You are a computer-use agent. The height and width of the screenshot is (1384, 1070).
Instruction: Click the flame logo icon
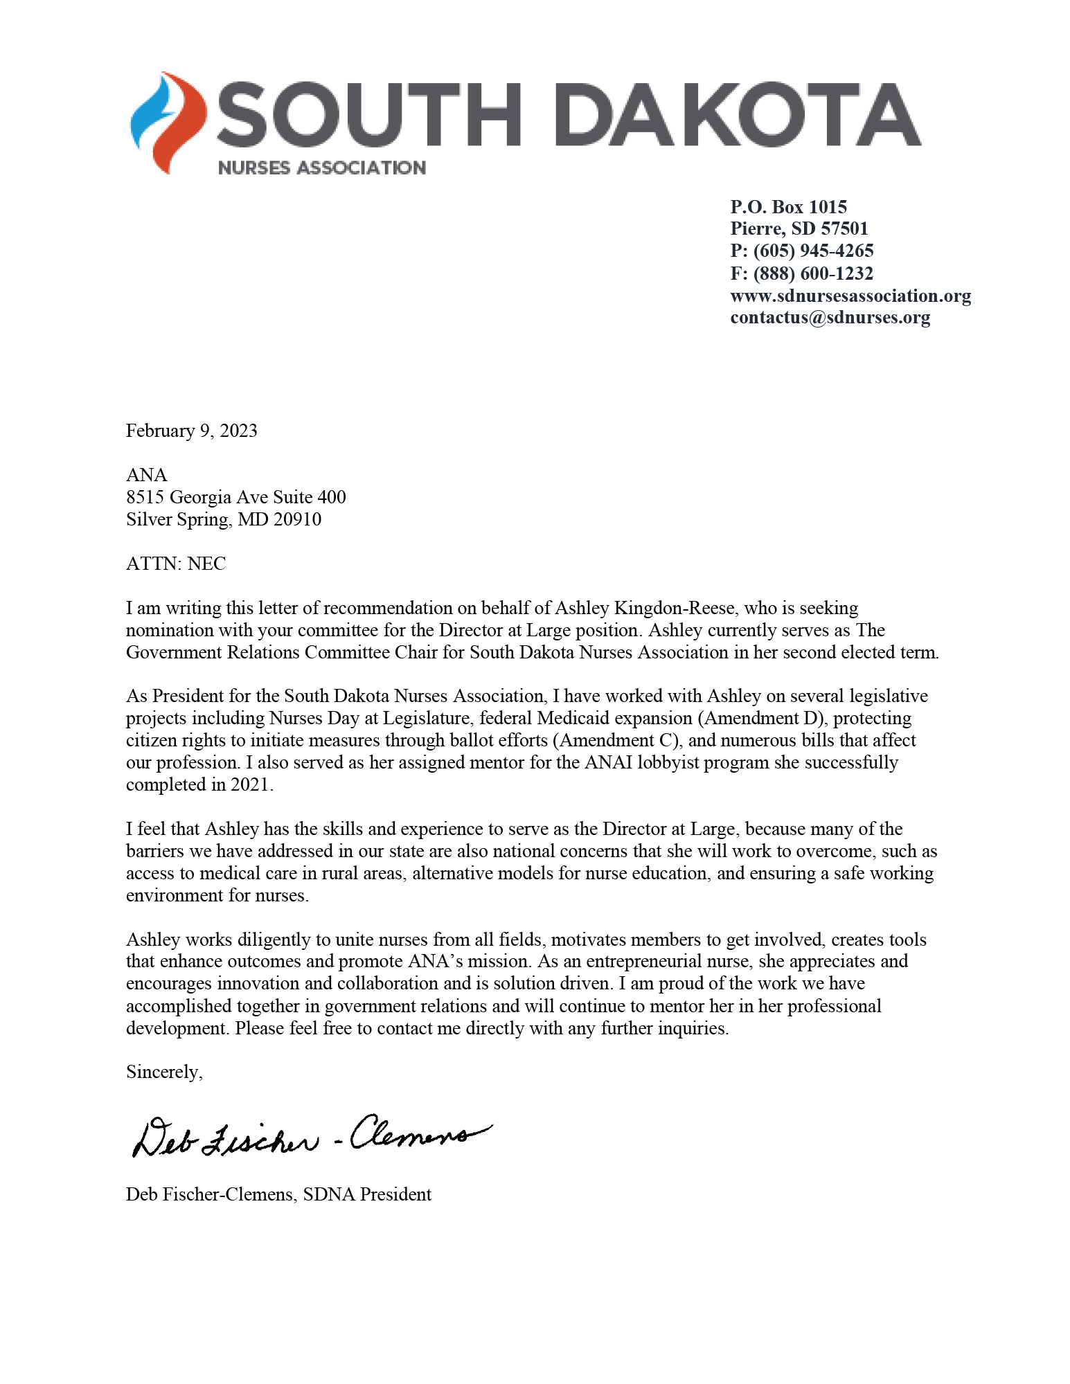tap(168, 122)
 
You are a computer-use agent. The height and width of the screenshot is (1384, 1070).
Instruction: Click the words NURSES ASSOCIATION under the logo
tap(321, 168)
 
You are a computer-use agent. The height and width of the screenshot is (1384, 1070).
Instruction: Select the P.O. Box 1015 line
tap(788, 207)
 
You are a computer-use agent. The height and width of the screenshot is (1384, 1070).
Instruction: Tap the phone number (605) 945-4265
tap(813, 251)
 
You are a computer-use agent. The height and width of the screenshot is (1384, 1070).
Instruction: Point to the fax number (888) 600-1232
tap(813, 273)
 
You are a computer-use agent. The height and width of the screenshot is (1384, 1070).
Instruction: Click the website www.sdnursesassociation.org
tap(850, 296)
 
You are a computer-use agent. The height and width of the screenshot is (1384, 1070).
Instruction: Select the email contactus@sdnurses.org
tap(830, 317)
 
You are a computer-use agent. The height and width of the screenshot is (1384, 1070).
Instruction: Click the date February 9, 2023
tap(192, 431)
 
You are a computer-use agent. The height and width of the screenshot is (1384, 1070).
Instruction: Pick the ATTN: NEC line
tap(176, 564)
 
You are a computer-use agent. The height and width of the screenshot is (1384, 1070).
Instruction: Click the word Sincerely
tap(163, 1072)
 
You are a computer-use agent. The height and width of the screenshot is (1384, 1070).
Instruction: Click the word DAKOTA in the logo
tap(738, 115)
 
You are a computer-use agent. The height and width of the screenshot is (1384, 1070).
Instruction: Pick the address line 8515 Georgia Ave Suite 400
tap(235, 497)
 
